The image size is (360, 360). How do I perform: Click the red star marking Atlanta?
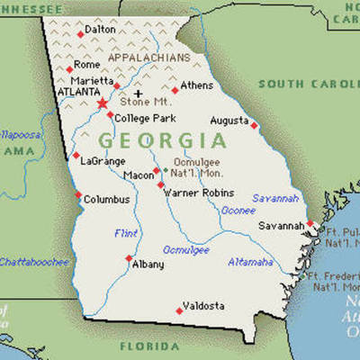click(x=102, y=104)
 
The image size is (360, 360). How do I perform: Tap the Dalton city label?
click(x=100, y=30)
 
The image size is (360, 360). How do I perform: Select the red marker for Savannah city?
click(x=310, y=224)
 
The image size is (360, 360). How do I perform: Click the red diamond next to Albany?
click(x=129, y=258)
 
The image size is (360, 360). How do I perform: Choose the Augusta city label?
click(x=229, y=120)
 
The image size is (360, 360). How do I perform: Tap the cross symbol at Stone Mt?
click(x=138, y=93)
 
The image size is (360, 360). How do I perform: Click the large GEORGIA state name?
click(x=162, y=140)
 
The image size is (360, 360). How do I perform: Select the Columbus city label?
click(x=106, y=200)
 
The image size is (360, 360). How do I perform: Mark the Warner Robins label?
click(x=200, y=192)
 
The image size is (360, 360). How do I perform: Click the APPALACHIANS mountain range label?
click(x=149, y=57)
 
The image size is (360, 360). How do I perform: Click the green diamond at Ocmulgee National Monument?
click(x=165, y=169)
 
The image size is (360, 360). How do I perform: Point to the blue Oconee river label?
click(x=238, y=211)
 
